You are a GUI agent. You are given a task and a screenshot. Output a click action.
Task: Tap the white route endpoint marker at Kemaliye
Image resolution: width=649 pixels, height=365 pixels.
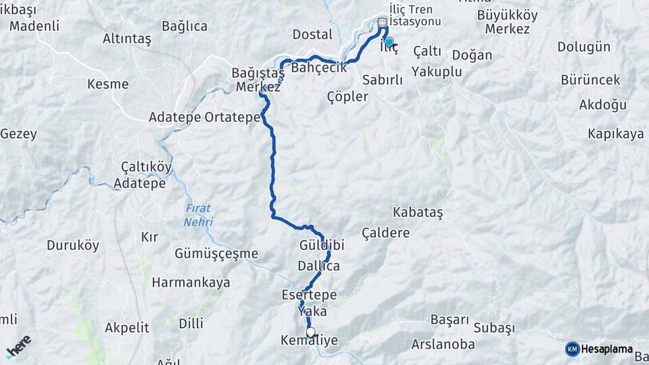[310, 332]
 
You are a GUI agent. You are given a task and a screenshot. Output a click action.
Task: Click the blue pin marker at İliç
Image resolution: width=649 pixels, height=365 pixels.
[389, 42]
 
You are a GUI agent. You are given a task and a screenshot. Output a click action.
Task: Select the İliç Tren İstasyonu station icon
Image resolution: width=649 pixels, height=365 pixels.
[383, 22]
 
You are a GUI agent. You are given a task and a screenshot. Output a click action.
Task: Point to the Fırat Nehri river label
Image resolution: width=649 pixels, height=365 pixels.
[198, 216]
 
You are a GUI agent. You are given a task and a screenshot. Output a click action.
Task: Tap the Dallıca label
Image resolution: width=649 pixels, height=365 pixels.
[318, 266]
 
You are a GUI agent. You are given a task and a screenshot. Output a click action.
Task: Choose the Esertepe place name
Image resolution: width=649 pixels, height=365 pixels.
[309, 295]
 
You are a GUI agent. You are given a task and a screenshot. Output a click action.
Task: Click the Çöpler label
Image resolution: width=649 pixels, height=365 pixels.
[347, 96]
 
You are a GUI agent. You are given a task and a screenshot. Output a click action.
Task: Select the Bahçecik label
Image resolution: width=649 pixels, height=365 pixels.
[318, 68]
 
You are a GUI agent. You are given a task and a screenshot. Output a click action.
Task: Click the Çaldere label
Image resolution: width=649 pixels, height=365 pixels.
[386, 233]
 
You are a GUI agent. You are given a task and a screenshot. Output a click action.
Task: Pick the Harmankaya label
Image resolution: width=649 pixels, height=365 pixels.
[191, 283]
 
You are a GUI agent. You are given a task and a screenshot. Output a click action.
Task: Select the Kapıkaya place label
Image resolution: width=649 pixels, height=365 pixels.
[615, 134]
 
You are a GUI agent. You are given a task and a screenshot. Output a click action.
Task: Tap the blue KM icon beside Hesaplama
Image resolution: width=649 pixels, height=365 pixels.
[572, 349]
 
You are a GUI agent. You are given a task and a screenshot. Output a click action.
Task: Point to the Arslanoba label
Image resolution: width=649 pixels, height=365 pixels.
[443, 345]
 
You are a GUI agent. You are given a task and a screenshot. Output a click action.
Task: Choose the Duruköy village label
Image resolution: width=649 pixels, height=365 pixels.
[73, 245]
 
